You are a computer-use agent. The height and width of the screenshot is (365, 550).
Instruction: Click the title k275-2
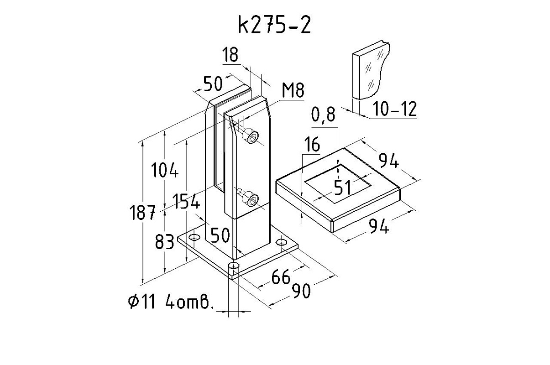(274, 26)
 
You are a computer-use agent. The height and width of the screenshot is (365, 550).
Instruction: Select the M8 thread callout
(293, 91)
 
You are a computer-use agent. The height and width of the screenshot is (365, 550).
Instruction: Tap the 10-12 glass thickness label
(394, 109)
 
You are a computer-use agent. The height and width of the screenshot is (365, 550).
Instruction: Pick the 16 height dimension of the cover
(312, 146)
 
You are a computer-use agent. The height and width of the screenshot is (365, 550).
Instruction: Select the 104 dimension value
(164, 170)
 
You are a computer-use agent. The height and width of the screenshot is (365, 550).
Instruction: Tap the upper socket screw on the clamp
(251, 136)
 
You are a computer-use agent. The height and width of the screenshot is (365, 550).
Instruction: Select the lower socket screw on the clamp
(251, 199)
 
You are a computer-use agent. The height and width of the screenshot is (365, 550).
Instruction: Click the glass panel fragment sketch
(371, 73)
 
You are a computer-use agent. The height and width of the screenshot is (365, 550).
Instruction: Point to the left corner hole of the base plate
(195, 238)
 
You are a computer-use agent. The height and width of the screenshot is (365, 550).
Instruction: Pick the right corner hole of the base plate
(283, 243)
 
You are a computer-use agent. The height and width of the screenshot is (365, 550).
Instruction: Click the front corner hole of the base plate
(233, 266)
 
